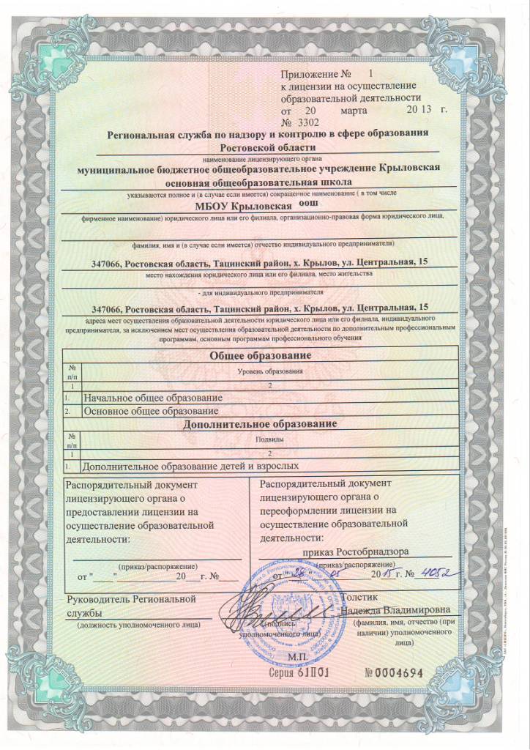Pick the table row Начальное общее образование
tap(153, 398)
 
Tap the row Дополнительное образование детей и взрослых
tap(191, 465)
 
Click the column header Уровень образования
tap(271, 372)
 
